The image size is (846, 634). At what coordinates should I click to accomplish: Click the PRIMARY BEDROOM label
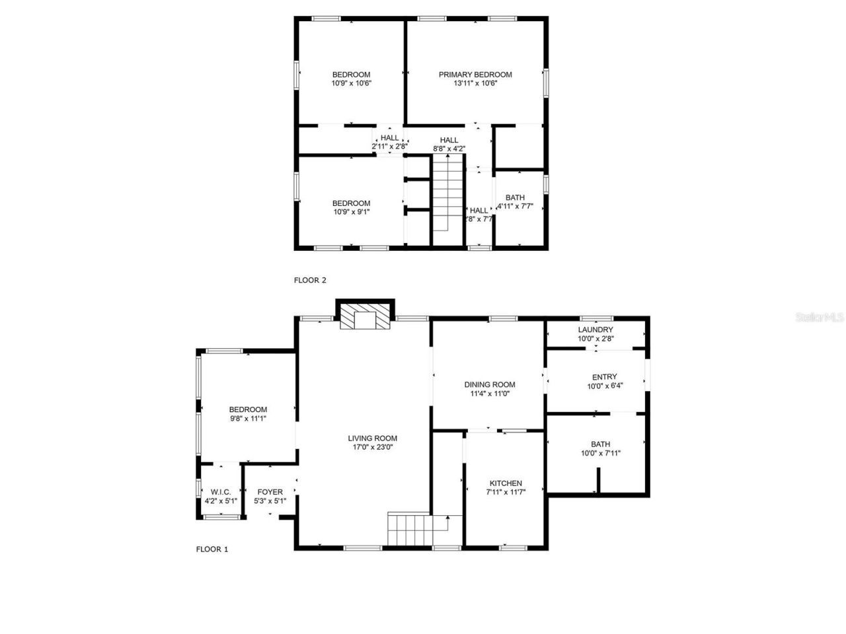pyautogui.click(x=475, y=75)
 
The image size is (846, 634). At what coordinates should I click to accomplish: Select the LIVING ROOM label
pyautogui.click(x=373, y=438)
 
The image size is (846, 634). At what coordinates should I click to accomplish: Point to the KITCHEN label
pyautogui.click(x=506, y=483)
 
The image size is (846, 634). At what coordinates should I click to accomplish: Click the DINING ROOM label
pyautogui.click(x=490, y=384)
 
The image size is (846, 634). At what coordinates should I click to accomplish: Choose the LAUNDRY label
pyautogui.click(x=596, y=330)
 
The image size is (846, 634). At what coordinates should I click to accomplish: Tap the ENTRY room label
pyautogui.click(x=605, y=377)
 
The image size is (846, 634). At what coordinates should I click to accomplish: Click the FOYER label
pyautogui.click(x=270, y=492)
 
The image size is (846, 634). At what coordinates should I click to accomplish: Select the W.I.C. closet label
pyautogui.click(x=221, y=492)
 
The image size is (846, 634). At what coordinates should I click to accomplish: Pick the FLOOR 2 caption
pyautogui.click(x=310, y=280)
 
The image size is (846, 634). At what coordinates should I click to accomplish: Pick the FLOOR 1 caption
pyautogui.click(x=212, y=549)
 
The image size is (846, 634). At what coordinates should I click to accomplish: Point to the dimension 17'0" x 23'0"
pyautogui.click(x=373, y=447)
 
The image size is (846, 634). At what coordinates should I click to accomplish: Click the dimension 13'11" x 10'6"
pyautogui.click(x=475, y=84)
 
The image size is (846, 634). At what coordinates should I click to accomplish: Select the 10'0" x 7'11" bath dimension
pyautogui.click(x=601, y=453)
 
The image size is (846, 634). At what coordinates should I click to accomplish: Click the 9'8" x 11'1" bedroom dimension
pyautogui.click(x=248, y=419)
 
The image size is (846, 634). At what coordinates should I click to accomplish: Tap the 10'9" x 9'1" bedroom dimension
pyautogui.click(x=351, y=212)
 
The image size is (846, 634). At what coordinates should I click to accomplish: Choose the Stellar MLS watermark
pyautogui.click(x=820, y=318)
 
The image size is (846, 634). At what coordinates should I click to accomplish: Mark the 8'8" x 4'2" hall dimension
pyautogui.click(x=449, y=149)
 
